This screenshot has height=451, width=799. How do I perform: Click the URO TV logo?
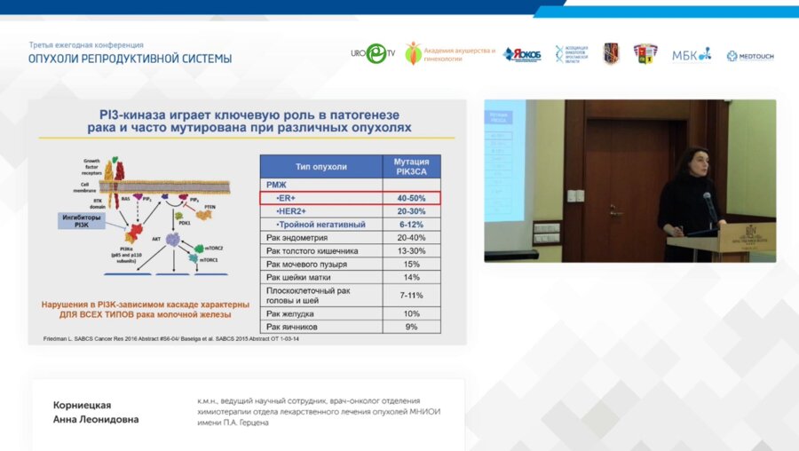(374, 54)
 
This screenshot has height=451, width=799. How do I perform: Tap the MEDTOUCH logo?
(750, 56)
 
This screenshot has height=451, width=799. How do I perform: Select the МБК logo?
(691, 55)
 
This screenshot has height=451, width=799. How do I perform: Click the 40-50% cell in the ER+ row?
(411, 198)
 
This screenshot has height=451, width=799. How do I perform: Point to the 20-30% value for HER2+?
(411, 211)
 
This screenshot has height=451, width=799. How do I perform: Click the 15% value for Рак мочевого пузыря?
(411, 264)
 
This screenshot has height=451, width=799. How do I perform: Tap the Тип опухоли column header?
(320, 167)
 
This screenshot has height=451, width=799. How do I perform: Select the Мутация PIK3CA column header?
(411, 167)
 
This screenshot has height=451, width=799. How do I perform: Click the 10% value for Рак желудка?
(411, 313)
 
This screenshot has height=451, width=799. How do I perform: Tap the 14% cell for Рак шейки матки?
(411, 277)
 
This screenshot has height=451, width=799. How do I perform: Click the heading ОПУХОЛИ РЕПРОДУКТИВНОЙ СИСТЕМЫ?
(130, 59)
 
